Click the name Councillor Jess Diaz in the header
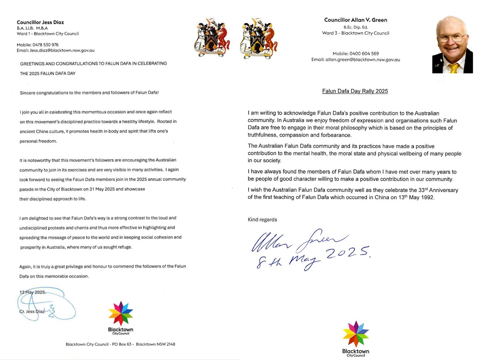(40, 22)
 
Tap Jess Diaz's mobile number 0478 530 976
(45, 45)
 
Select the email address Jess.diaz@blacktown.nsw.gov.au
(62, 50)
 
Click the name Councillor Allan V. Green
(356, 20)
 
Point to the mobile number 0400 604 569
(364, 54)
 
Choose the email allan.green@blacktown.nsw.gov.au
(363, 60)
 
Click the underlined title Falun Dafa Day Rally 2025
(355, 91)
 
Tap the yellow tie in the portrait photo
(453, 68)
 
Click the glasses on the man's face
(451, 38)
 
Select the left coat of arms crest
(212, 38)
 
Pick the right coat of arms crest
(258, 38)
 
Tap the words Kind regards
(262, 220)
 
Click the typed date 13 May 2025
(32, 292)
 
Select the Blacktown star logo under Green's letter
(356, 334)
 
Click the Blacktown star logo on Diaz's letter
(121, 313)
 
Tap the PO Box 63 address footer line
(120, 344)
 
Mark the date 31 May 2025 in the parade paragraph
(106, 189)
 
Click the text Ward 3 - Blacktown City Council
(356, 33)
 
